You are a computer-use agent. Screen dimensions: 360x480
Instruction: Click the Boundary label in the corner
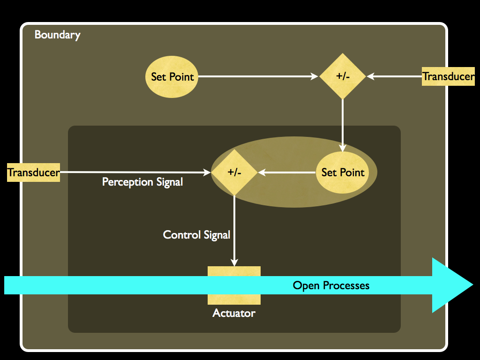pos(57,35)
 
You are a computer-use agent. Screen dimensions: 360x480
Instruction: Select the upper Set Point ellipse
pos(172,77)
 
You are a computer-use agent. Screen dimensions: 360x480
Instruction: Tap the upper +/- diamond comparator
pos(343,76)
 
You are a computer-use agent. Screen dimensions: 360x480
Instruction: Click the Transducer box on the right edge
pos(448,76)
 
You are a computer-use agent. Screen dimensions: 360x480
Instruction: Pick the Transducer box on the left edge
pos(34,172)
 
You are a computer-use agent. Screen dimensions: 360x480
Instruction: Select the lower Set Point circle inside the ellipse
pos(343,172)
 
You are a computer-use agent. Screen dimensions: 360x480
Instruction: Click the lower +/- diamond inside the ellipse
pos(234,172)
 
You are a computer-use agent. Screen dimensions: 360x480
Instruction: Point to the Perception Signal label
pos(142,182)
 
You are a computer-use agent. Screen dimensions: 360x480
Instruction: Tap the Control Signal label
pos(196,235)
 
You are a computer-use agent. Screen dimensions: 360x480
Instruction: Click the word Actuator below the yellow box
pos(234,313)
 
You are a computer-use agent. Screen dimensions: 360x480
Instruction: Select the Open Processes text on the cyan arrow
pos(331,285)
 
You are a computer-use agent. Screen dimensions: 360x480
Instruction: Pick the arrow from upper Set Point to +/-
pos(258,76)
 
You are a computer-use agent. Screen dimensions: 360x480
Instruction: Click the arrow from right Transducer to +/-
pos(396,76)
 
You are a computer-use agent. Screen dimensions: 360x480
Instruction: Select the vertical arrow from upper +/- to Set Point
pos(343,124)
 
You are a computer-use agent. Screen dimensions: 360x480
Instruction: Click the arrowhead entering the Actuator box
pos(234,262)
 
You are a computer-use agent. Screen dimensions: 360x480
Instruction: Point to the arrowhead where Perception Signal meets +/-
pos(207,172)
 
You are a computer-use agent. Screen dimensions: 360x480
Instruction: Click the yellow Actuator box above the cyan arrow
pos(234,271)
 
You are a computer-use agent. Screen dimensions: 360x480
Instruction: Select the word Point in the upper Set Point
pos(181,77)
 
